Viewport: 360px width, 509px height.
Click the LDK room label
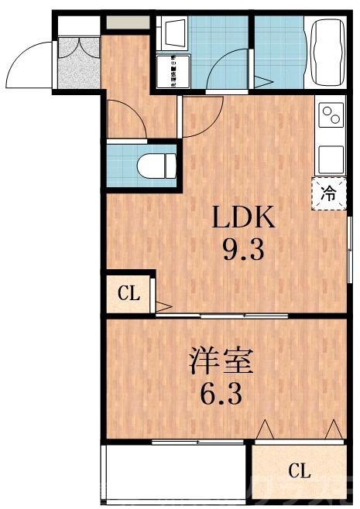[244, 219]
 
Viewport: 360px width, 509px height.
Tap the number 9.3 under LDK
[244, 251]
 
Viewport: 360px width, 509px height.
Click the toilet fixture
[156, 165]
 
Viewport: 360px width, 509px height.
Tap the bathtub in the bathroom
[330, 53]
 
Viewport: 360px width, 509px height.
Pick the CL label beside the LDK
[128, 293]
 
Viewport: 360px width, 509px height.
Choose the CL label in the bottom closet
[300, 470]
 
